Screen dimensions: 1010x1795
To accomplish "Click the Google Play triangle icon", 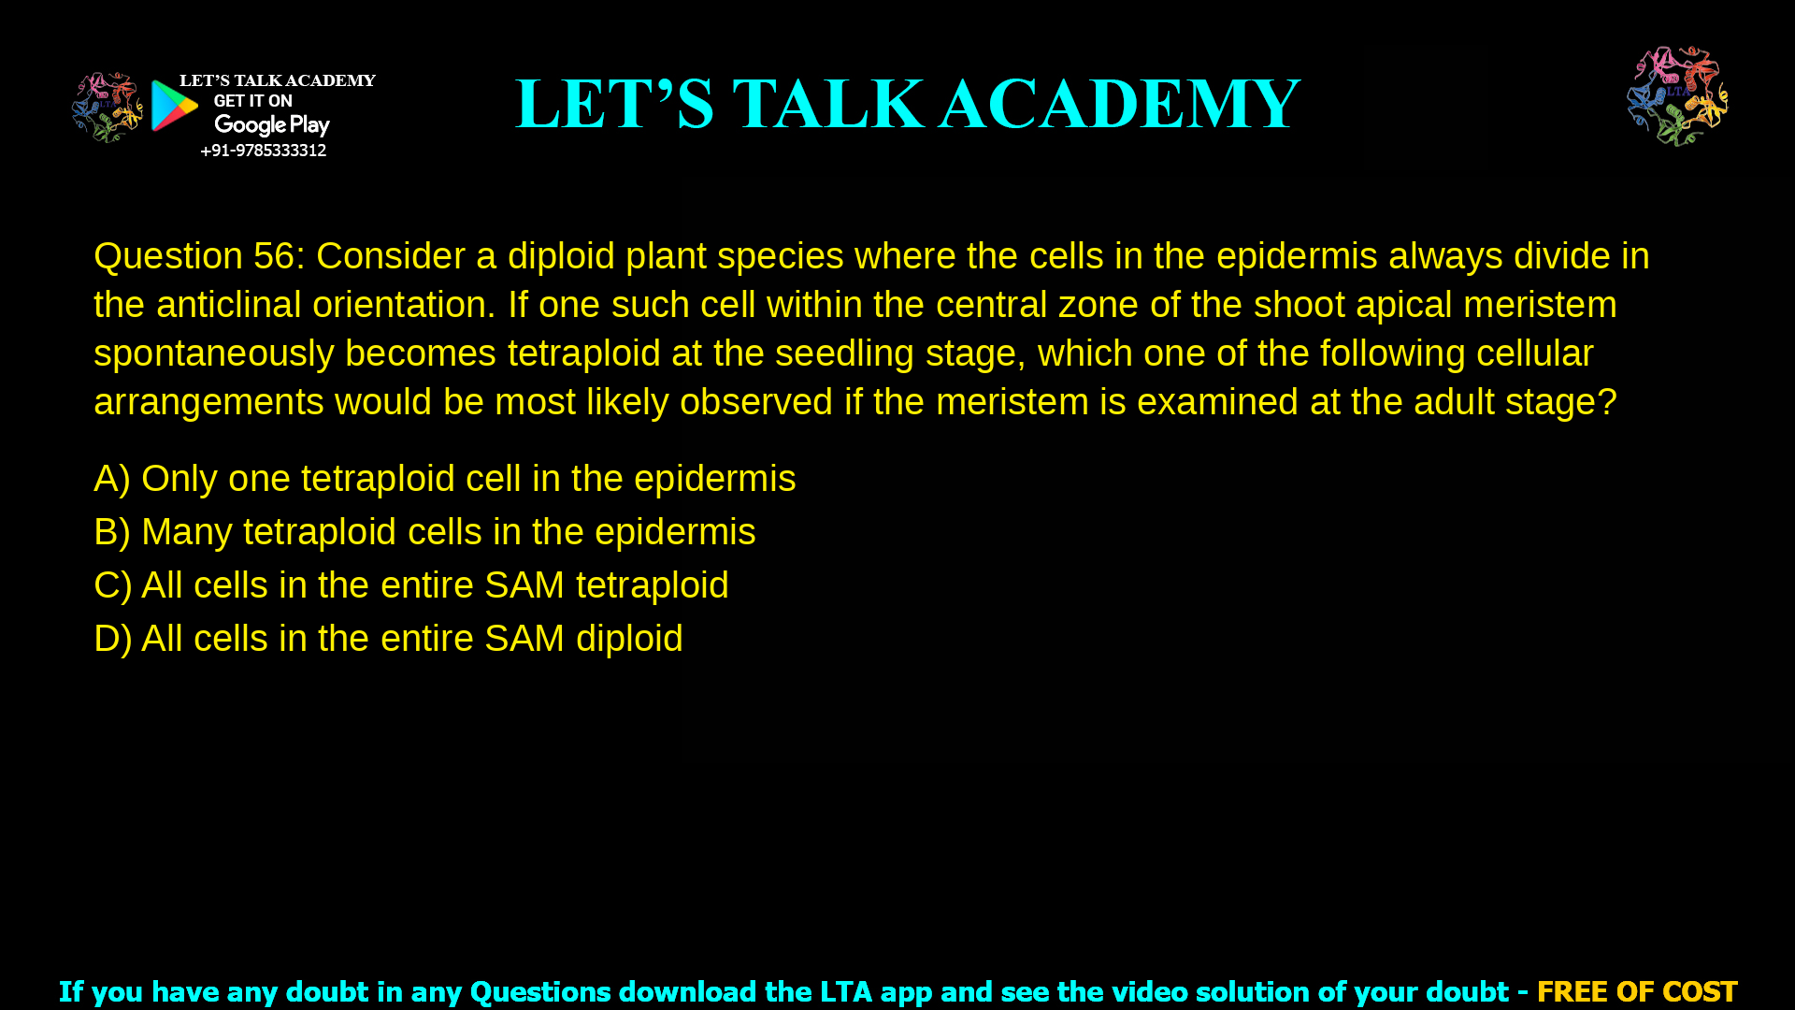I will (x=174, y=106).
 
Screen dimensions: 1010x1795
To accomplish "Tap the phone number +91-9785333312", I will (x=263, y=151).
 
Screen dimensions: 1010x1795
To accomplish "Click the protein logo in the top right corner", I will (x=1677, y=95).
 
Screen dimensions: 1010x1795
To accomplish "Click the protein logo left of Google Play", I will (x=107, y=108).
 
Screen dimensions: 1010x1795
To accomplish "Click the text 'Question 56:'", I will (x=199, y=256).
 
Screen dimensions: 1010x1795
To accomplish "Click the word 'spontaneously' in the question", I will (x=214, y=353).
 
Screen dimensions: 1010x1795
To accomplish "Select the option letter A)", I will (x=111, y=479).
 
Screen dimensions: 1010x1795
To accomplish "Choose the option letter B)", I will (x=111, y=532).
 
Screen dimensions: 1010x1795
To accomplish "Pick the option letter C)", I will (x=112, y=585).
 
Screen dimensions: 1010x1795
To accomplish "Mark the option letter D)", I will (x=112, y=639).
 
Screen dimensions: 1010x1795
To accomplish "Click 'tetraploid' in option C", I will (x=652, y=585).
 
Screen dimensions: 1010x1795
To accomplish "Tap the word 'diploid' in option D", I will (x=629, y=639).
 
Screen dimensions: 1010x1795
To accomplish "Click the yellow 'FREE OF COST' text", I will (x=1637, y=991).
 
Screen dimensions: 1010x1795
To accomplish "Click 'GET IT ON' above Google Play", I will (x=252, y=101).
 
